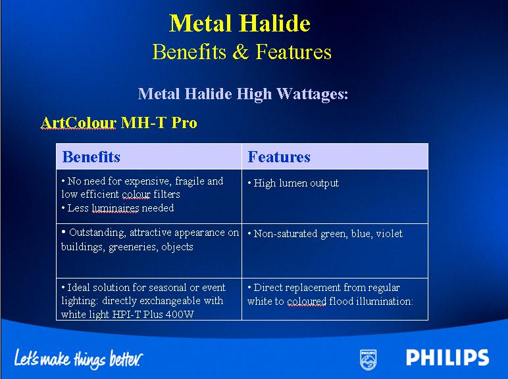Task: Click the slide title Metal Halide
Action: [x=240, y=23]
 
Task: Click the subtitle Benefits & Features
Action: [x=242, y=52]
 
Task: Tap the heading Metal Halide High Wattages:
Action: [x=243, y=94]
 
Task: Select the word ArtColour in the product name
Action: [x=78, y=123]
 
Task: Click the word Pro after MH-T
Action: [x=184, y=123]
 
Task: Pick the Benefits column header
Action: [x=91, y=157]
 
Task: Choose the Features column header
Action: [x=279, y=157]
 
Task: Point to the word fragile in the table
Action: [x=190, y=181]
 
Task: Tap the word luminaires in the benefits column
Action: [x=115, y=208]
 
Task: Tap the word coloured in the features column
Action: [x=307, y=301]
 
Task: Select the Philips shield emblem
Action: [x=368, y=359]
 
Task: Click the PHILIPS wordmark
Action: [x=447, y=358]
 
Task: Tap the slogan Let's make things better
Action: [x=78, y=359]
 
